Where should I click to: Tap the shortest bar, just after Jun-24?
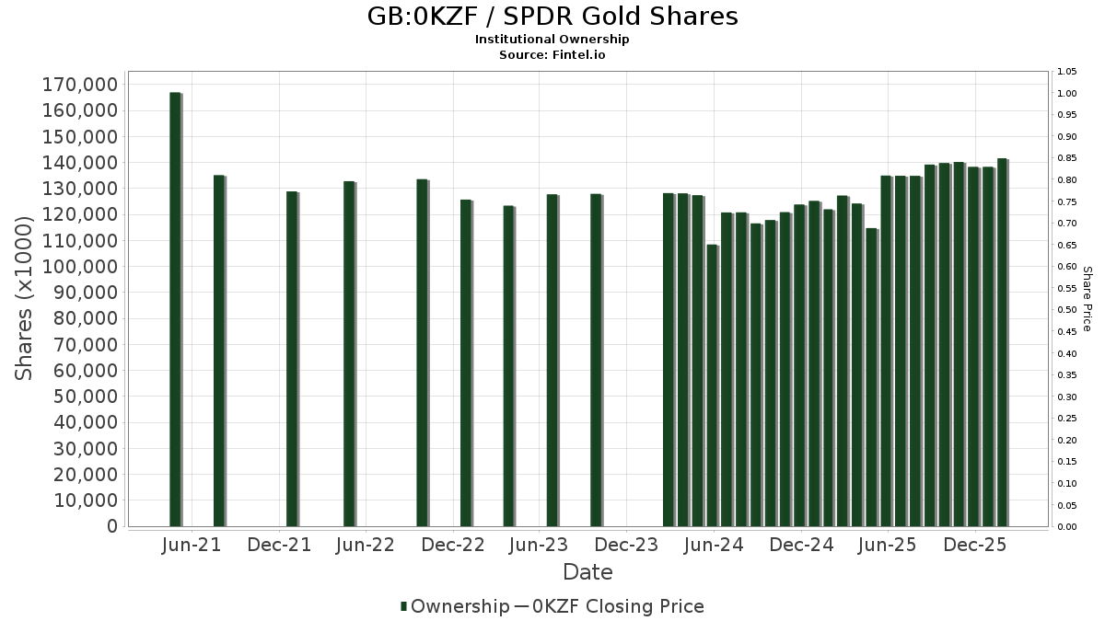[712, 385]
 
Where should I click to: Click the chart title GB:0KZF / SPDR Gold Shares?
[552, 17]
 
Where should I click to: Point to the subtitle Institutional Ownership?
[552, 40]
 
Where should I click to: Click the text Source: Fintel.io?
[552, 54]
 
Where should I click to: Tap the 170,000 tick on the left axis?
[80, 85]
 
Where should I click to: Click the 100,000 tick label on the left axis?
[80, 267]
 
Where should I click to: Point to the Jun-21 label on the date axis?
[192, 545]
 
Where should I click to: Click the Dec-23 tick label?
[626, 545]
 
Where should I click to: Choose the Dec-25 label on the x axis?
[975, 545]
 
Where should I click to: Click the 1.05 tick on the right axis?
[1067, 72]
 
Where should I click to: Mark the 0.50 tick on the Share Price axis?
[1067, 310]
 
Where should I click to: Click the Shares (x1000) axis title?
[25, 298]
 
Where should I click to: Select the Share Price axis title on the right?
[1087, 298]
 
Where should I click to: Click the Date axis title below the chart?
[587, 572]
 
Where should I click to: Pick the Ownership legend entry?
[455, 606]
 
